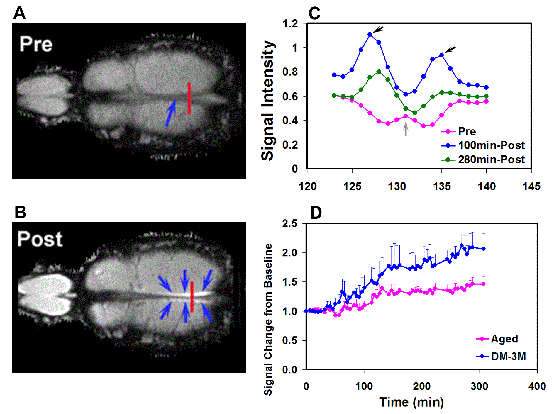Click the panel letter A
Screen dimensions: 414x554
coord(19,13)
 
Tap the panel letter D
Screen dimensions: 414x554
coord(316,213)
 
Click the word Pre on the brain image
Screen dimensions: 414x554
coord(36,44)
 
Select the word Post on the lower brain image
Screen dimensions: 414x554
coord(40,239)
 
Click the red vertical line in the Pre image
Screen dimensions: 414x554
coord(189,98)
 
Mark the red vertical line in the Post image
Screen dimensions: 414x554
coord(192,297)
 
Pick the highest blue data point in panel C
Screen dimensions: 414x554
coord(370,34)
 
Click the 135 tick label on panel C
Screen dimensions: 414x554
coord(442,186)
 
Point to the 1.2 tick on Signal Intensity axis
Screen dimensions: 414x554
coord(290,23)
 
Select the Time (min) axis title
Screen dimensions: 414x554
coord(411,402)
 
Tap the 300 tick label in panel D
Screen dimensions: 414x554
coord(480,386)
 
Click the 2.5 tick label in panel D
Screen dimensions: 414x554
coord(289,224)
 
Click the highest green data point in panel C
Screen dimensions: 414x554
coord(379,72)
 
